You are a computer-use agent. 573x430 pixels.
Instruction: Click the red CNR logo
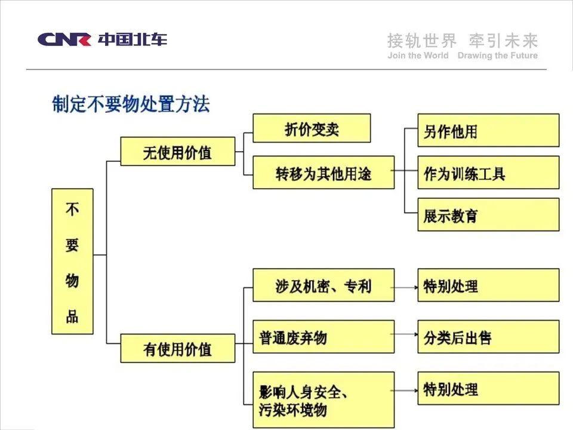64,39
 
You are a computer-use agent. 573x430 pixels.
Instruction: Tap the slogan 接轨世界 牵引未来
463,41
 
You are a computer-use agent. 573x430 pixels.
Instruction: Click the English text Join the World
418,56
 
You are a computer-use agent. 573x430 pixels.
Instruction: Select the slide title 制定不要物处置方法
131,104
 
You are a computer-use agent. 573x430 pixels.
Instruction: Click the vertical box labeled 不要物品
72,261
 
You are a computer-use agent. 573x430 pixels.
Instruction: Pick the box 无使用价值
177,152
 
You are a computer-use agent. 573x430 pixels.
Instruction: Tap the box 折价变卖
312,128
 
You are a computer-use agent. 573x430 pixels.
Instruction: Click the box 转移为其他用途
323,173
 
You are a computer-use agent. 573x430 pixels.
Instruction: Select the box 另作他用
488,131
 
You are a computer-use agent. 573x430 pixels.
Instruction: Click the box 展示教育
488,214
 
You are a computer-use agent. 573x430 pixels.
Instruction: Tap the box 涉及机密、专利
323,285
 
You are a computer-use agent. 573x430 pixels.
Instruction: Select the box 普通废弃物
323,337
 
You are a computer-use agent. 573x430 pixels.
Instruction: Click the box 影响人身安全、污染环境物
323,400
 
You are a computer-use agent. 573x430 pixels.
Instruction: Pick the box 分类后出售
488,337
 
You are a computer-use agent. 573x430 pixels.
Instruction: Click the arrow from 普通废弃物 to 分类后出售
406,337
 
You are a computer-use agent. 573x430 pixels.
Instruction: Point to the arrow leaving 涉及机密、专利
406,286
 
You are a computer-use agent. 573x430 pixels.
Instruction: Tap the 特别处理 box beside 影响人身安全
488,389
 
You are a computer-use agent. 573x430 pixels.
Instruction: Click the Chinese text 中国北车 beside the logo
133,39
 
